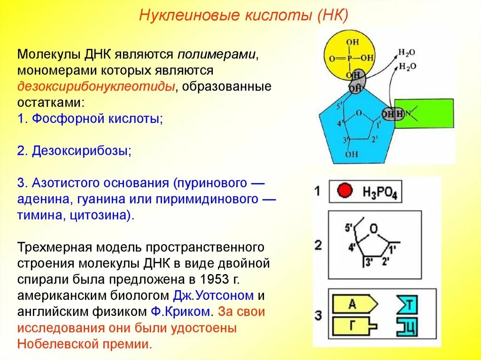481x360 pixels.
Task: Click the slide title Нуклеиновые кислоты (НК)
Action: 243,15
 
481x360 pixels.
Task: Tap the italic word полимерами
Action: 216,54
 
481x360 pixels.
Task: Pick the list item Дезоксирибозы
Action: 81,151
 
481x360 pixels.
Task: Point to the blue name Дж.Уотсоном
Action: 213,296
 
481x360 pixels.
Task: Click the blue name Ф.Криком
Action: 180,312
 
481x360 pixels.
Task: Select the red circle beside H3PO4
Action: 345,191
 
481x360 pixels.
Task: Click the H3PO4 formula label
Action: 380,192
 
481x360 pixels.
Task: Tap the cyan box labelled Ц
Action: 407,326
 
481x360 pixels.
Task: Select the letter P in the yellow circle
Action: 348,59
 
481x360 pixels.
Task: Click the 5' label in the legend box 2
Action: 349,228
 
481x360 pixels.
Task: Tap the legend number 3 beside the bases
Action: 318,315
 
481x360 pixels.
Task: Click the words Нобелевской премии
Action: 85,344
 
